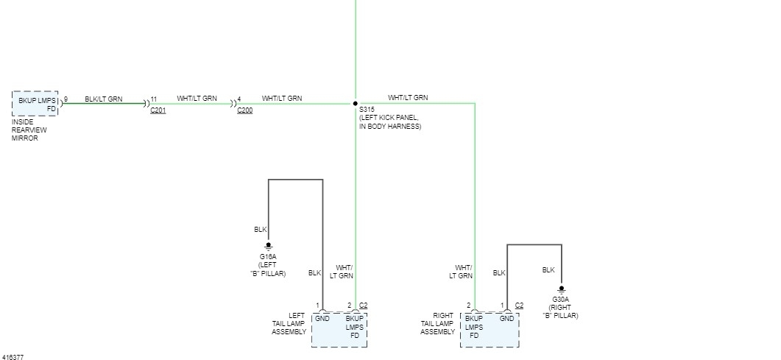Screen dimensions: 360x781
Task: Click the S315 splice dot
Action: (355, 104)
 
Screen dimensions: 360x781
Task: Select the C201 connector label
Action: (158, 110)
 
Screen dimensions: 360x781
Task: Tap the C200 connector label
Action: (244, 110)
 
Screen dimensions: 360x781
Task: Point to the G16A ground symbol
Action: (269, 245)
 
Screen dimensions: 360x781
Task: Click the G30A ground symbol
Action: (561, 289)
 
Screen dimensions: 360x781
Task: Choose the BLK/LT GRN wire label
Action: (104, 99)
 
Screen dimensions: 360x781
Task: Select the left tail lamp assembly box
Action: (339, 329)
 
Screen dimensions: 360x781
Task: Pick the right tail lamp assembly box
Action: (490, 329)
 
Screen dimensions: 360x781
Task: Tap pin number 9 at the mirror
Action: (66, 99)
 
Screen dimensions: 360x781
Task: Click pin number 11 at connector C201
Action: (153, 99)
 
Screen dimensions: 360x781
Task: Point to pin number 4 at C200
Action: (239, 99)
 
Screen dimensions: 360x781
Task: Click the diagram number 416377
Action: (13, 357)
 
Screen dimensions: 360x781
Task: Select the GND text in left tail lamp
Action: (322, 318)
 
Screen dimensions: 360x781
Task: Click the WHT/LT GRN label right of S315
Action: (408, 97)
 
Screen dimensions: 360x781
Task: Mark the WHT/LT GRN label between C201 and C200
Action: (197, 99)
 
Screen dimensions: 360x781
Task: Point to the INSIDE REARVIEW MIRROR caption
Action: (29, 130)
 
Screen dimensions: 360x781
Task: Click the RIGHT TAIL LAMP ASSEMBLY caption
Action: (437, 323)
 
